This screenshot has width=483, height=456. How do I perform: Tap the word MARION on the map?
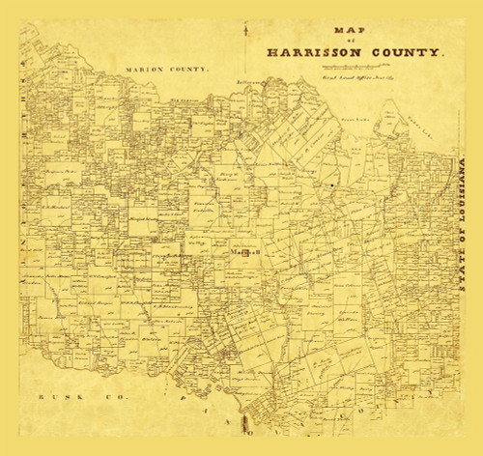pos(146,70)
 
